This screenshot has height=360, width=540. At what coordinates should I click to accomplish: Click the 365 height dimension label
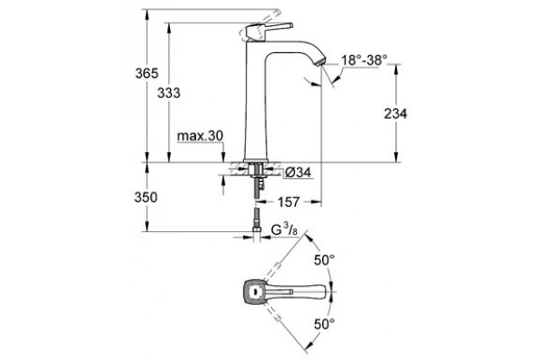tap(147, 74)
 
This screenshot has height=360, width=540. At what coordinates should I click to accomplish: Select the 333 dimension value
tap(169, 93)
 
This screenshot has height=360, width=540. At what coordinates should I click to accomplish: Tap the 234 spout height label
tap(395, 113)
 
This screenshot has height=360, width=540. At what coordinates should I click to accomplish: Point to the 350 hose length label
tap(146, 197)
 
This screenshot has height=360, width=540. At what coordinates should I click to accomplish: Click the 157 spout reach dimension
tap(289, 202)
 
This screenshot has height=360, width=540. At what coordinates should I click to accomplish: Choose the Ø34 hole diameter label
tap(298, 172)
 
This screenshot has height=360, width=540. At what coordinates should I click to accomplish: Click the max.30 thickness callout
tap(200, 136)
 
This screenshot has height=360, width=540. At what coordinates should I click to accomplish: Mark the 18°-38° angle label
tap(363, 60)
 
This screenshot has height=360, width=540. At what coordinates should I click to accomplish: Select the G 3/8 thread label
tap(284, 229)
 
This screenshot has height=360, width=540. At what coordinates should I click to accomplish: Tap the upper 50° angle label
tap(324, 260)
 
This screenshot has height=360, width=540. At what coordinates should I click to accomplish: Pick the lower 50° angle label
tap(324, 324)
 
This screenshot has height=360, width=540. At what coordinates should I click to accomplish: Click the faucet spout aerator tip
tap(320, 62)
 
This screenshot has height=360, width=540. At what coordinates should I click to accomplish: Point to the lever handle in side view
tap(268, 30)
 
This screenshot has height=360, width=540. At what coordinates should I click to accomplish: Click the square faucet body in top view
tap(254, 292)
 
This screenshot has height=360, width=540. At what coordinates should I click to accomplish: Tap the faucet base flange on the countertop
tap(256, 160)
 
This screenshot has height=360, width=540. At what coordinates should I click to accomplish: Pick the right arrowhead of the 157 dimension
tap(316, 202)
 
